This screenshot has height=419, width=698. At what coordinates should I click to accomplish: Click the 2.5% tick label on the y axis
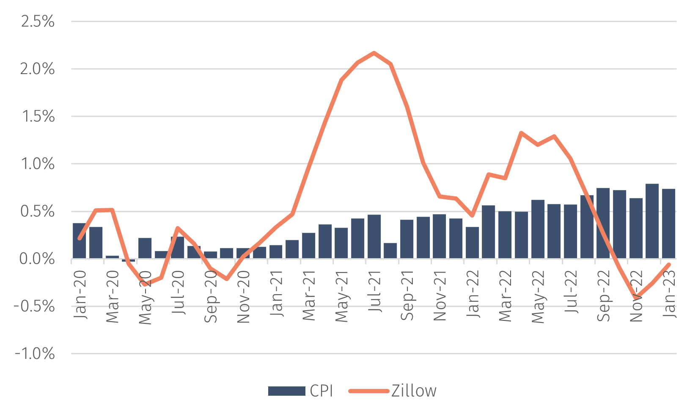coord(37,22)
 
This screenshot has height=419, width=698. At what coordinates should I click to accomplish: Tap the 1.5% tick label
coord(38,116)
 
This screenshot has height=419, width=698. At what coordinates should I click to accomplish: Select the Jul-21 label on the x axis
coord(375,292)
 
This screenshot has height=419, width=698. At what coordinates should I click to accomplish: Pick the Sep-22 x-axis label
coord(604,295)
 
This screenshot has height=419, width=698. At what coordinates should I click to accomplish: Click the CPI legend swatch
coord(286,391)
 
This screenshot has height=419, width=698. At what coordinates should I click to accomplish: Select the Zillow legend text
coord(414,391)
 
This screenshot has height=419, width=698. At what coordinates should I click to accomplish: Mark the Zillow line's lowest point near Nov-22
coord(636,297)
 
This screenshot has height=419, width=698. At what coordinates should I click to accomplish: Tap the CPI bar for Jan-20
coord(80,240)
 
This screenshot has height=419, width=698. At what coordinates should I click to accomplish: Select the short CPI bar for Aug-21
coord(390,251)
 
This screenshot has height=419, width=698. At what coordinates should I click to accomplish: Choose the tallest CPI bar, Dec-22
coord(652,221)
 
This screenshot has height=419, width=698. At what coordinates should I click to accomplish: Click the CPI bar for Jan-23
coord(669,223)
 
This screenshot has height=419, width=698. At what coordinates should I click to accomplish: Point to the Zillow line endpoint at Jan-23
coord(669,264)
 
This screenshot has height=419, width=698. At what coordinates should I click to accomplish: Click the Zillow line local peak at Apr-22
coord(521,132)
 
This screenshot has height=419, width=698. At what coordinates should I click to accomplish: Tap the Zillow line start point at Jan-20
coord(80,239)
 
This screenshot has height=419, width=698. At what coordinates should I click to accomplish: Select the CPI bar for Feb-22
coord(489,232)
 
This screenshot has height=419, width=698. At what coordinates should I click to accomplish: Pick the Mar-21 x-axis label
coord(309,295)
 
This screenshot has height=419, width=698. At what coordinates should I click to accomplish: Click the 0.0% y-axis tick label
coord(37,259)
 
